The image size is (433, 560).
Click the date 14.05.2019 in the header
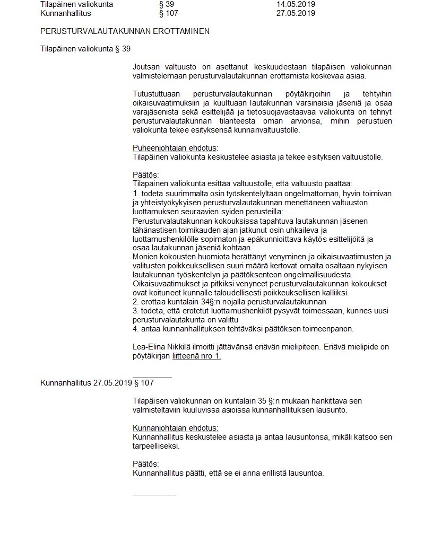click(296, 4)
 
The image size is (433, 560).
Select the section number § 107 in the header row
click(169, 13)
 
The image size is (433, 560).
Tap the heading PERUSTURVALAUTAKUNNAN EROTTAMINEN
click(125, 31)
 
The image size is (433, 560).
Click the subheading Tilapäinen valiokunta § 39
click(85, 49)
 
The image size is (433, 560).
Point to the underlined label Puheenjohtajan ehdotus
click(175, 148)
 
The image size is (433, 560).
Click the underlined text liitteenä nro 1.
click(196, 356)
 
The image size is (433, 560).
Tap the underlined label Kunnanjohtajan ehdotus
click(175, 428)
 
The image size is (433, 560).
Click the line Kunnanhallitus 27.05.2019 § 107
click(97, 382)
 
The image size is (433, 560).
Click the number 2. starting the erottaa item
click(136, 302)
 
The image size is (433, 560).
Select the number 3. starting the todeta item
click(136, 311)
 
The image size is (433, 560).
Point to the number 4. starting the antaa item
click(136, 329)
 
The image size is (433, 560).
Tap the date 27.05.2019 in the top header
click(296, 13)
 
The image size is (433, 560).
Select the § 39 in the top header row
click(167, 4)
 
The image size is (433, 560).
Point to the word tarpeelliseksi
click(156, 446)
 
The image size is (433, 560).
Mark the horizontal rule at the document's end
click(154, 495)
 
